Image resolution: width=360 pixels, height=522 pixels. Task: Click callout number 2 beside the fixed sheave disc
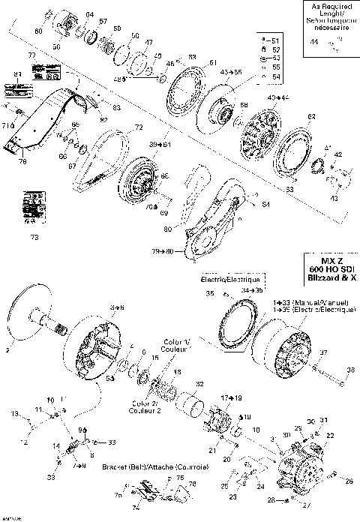(7, 349)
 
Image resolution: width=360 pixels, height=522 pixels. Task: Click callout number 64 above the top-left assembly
(89, 15)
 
